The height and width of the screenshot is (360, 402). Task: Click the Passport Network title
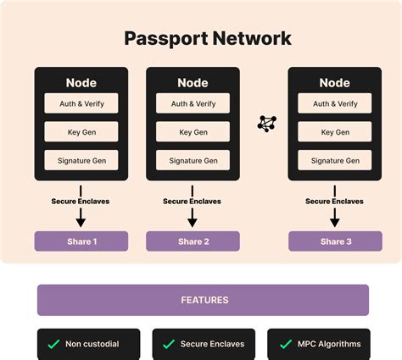(x=208, y=38)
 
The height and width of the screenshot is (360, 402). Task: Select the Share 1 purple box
(x=81, y=241)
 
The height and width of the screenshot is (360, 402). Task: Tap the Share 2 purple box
(x=193, y=241)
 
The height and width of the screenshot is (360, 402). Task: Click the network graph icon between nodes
(x=266, y=124)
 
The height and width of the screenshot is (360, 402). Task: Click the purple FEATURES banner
(x=204, y=300)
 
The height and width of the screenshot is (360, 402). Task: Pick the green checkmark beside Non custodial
(x=53, y=345)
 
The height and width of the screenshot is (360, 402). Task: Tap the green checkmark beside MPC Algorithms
(x=284, y=345)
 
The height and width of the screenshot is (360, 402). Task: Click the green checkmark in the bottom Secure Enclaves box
(x=169, y=345)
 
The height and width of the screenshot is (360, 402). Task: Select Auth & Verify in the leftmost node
(x=81, y=104)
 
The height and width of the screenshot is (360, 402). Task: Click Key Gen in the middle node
(x=193, y=132)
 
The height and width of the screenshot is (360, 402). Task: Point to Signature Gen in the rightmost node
(x=334, y=160)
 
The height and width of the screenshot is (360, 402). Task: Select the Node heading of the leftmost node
(x=81, y=83)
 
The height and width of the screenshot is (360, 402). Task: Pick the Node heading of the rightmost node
(x=334, y=83)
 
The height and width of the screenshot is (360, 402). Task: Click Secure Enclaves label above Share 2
(x=193, y=201)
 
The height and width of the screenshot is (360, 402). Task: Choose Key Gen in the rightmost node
(x=334, y=132)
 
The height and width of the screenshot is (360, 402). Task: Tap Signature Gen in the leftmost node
(x=81, y=160)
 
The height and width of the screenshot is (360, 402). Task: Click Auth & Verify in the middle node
(x=193, y=104)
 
